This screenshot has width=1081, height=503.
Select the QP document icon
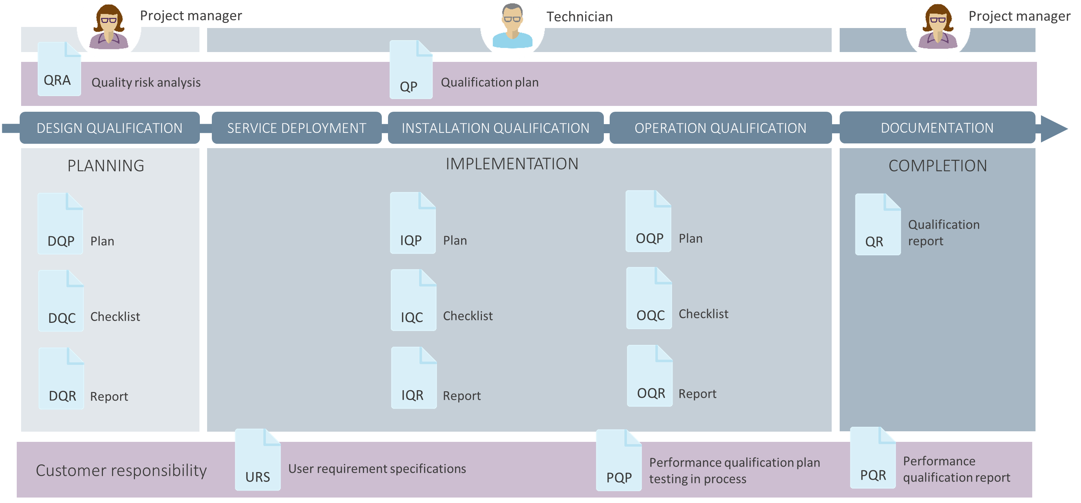(x=411, y=70)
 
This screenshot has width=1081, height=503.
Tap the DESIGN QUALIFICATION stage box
(x=110, y=128)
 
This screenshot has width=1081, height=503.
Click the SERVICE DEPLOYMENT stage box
(x=297, y=128)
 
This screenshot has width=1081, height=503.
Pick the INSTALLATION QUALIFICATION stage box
(x=496, y=128)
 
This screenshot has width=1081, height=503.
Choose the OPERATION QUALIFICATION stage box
(x=720, y=128)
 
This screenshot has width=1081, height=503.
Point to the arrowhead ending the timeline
(x=1053, y=129)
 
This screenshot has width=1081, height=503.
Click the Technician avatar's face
(x=512, y=19)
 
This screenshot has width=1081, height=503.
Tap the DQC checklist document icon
(x=61, y=301)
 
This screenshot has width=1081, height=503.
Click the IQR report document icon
(x=414, y=379)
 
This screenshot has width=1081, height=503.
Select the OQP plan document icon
(x=648, y=222)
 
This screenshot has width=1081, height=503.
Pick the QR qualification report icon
(x=878, y=225)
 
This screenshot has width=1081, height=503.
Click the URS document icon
(x=258, y=460)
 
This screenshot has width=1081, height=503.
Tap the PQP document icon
(x=618, y=461)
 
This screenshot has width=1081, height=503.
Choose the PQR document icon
(x=873, y=459)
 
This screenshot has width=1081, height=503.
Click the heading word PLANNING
(x=106, y=166)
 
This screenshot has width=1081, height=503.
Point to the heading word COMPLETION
(x=938, y=166)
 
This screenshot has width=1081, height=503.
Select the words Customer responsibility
(x=121, y=471)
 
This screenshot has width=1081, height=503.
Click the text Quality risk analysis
(x=146, y=83)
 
